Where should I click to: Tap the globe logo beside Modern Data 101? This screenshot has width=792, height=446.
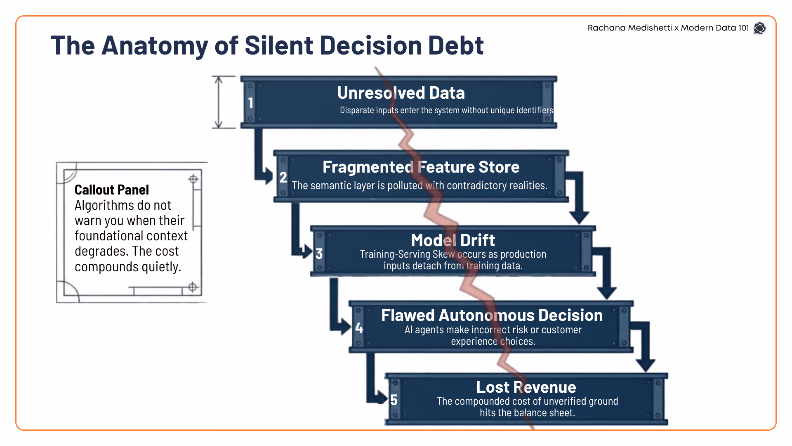(x=759, y=28)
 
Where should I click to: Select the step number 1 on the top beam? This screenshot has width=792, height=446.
(x=250, y=103)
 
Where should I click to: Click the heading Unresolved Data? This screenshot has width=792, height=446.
(x=401, y=93)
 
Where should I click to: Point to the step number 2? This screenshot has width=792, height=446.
(x=283, y=177)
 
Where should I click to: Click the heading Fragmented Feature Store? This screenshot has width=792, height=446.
(x=421, y=167)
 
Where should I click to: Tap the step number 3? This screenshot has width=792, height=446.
(x=319, y=254)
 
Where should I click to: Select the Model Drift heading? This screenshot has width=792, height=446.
(x=453, y=240)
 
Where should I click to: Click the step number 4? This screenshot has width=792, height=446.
(x=359, y=328)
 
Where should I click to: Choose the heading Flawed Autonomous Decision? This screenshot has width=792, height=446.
(x=492, y=315)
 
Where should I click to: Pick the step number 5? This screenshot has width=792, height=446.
(x=394, y=400)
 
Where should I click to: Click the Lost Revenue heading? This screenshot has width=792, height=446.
(x=526, y=387)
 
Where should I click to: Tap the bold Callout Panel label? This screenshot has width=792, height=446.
(x=112, y=190)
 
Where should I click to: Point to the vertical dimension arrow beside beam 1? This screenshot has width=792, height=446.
(x=219, y=102)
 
